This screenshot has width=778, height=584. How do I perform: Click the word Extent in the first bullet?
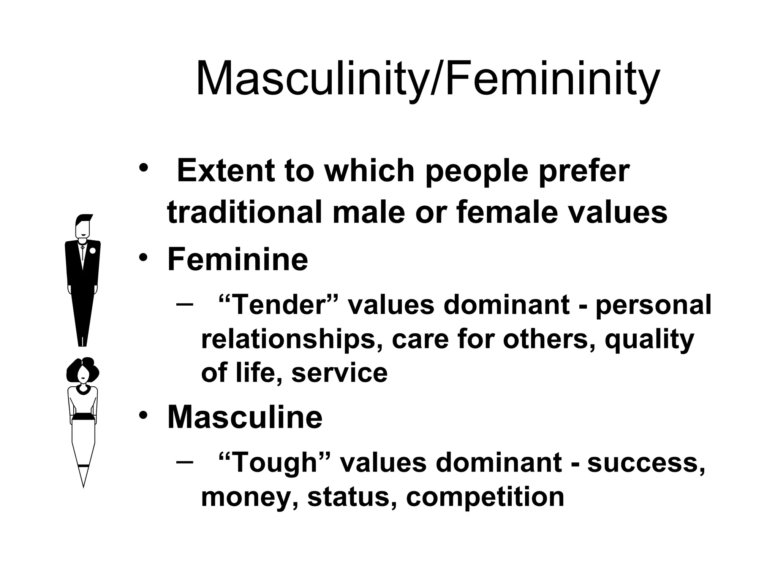pos(226,171)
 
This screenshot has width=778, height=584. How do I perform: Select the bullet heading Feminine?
pos(237,259)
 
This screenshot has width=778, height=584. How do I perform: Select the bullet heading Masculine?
pos(245,417)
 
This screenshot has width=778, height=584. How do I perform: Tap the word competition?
pos(485,497)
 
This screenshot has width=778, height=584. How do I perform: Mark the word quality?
pos(649,339)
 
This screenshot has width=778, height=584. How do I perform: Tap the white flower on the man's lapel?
pos(92,251)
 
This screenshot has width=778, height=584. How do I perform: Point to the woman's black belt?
pos(83,416)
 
